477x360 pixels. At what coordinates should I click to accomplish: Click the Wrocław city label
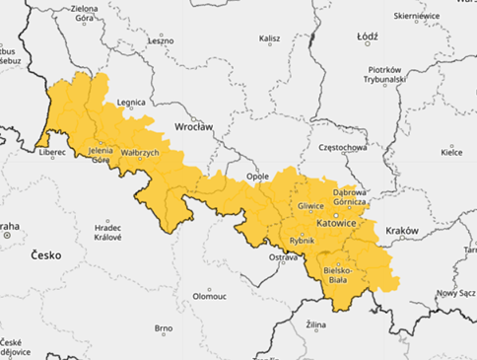193,127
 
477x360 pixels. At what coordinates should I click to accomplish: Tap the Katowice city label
336,224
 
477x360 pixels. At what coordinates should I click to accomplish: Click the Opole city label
242,178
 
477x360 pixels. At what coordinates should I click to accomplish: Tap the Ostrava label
283,256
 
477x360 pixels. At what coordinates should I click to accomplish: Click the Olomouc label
210,295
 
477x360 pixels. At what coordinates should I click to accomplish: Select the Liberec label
52,152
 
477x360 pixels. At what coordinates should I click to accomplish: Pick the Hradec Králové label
107,231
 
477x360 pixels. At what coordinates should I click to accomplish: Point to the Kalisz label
269,39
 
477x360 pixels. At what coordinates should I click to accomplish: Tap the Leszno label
161,40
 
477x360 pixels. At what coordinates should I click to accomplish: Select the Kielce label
451,152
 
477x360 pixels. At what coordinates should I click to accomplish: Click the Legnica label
131,102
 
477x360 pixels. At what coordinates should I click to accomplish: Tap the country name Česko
46,254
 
